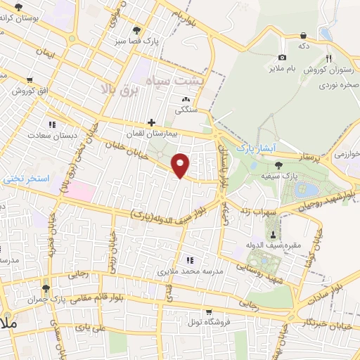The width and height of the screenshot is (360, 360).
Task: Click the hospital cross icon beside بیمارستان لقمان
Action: pyautogui.click(x=151, y=122)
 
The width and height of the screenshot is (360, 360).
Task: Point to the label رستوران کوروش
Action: pyautogui.click(x=323, y=70)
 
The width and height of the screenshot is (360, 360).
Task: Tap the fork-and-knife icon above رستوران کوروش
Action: pyautogui.click(x=328, y=58)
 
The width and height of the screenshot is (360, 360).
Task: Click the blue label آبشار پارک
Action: pyautogui.click(x=254, y=148)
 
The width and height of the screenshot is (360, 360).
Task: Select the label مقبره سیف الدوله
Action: pyautogui.click(x=268, y=244)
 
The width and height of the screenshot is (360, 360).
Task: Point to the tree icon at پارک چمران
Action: pyautogui.click(x=46, y=288)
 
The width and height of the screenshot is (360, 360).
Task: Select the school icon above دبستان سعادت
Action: pyautogui.click(x=51, y=124)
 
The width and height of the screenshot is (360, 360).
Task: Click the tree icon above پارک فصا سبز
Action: pyautogui.click(x=136, y=30)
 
